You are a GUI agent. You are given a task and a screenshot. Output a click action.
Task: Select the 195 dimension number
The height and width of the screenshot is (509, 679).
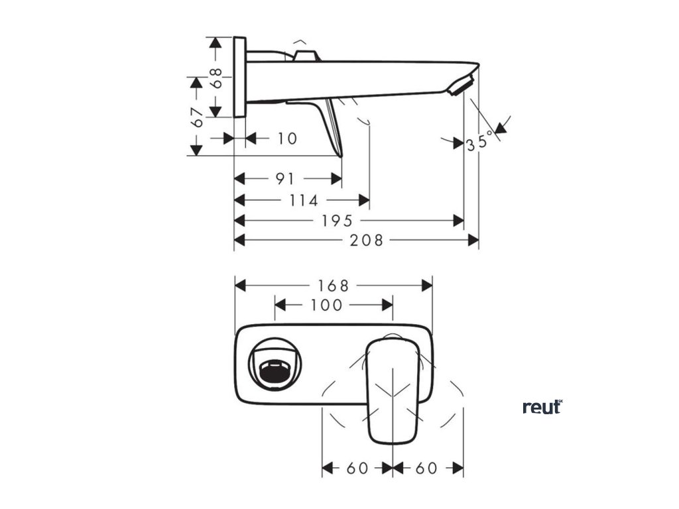[x=338, y=221]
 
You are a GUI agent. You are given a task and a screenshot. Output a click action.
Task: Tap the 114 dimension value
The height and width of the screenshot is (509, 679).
[x=305, y=200]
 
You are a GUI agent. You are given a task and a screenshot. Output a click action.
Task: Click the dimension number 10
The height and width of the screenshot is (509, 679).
[x=286, y=139]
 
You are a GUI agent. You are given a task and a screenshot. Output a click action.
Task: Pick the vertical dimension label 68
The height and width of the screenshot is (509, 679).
[x=216, y=78]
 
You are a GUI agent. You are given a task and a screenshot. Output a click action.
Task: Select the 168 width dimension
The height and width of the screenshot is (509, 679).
[x=333, y=286]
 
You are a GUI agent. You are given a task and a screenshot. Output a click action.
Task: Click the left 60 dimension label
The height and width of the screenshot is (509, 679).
[x=357, y=468]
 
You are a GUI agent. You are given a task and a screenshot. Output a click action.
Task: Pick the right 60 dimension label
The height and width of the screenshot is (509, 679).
[x=427, y=468]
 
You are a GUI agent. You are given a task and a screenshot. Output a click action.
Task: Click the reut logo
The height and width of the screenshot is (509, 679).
[x=542, y=407]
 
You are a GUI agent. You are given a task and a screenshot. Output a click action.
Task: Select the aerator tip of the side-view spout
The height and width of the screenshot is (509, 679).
[x=462, y=85]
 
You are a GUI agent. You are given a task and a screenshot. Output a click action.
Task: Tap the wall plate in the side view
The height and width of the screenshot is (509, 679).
[x=240, y=78]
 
